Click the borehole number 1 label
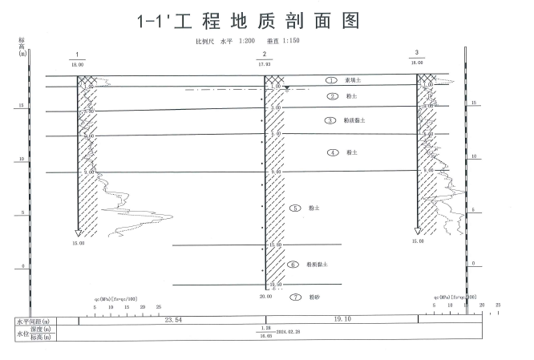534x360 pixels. (77, 56)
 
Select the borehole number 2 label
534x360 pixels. (265, 54)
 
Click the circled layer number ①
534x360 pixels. (330, 80)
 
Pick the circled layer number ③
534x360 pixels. (330, 120)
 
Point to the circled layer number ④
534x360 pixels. (332, 152)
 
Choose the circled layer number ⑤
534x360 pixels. (296, 208)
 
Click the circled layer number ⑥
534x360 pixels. (293, 264)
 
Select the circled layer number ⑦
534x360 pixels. (294, 297)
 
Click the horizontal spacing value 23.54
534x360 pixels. (173, 320)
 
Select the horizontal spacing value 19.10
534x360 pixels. (365, 320)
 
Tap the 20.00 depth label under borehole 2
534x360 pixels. (265, 297)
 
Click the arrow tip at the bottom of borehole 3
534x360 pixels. (417, 233)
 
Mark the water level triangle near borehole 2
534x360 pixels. (286, 87)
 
